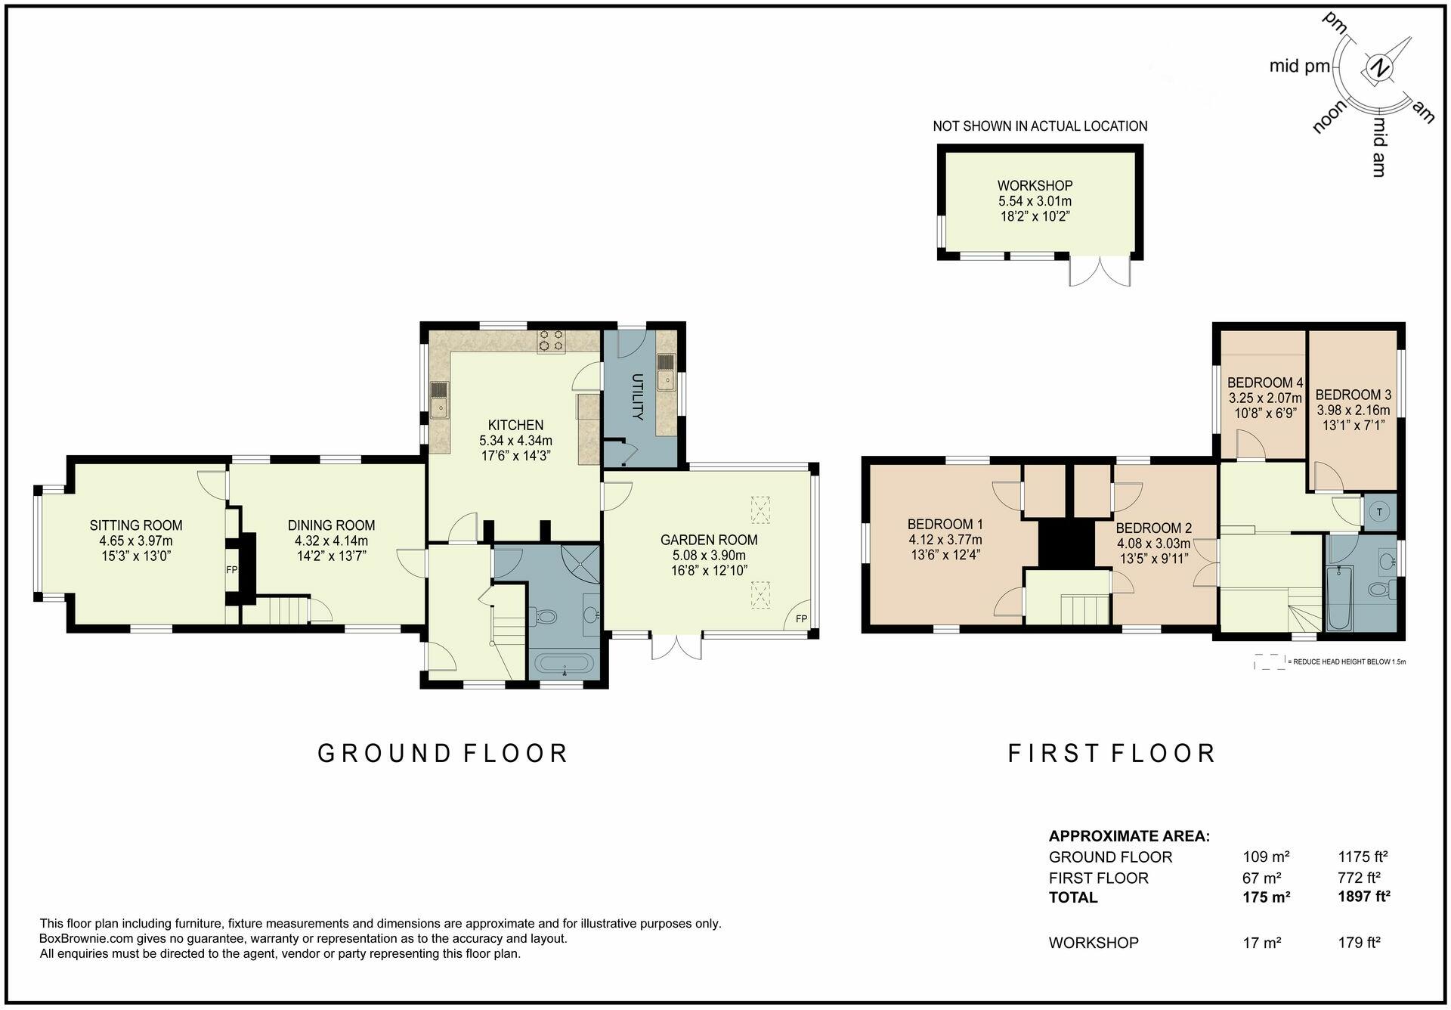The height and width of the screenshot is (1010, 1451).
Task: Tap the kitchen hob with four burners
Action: point(550,341)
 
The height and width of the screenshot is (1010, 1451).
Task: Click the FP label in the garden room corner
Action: point(801,619)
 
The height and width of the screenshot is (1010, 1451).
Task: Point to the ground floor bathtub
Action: point(565,665)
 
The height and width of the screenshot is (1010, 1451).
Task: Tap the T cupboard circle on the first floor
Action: point(1380,512)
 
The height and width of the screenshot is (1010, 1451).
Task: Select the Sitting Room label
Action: point(136,525)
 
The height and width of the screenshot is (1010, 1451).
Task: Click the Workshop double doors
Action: point(1100,271)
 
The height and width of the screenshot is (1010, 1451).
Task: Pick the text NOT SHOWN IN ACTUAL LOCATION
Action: point(1040,126)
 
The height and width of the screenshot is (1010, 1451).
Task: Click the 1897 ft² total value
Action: point(1363,897)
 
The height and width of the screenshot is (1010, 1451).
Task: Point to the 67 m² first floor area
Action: point(1261,878)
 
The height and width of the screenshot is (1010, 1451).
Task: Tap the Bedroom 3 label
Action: point(1353,395)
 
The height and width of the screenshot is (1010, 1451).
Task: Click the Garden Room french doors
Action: point(676,646)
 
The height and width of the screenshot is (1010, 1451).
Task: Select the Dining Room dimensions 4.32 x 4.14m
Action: point(331,541)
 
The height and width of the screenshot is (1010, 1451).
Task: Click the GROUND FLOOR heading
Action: point(443,754)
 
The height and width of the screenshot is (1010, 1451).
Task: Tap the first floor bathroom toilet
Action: point(1380,590)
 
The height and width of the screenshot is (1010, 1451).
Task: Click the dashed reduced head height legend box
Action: point(1269,662)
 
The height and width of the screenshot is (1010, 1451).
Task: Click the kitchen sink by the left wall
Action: point(439,400)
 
